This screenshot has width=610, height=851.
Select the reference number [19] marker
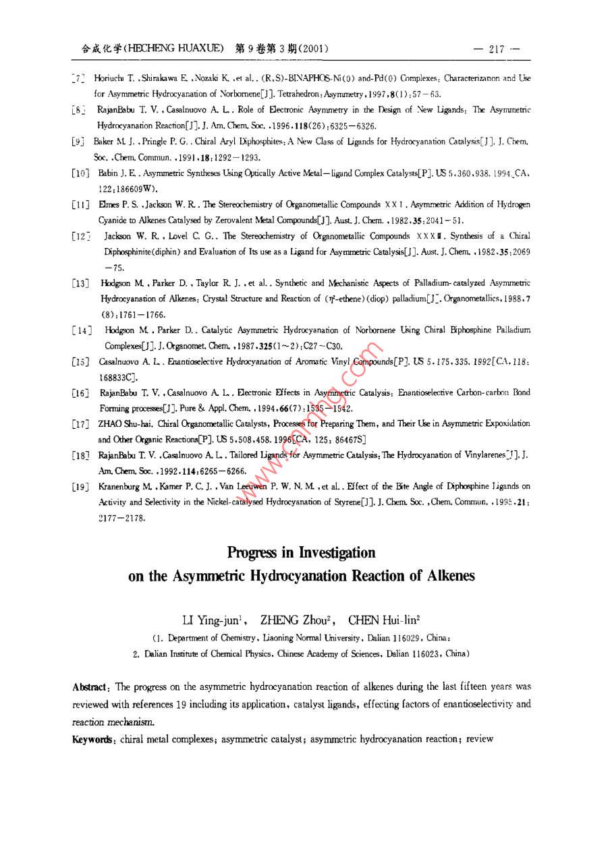(81, 486)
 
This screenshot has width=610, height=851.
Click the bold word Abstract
(90, 687)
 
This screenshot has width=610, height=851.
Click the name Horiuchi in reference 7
(109, 79)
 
